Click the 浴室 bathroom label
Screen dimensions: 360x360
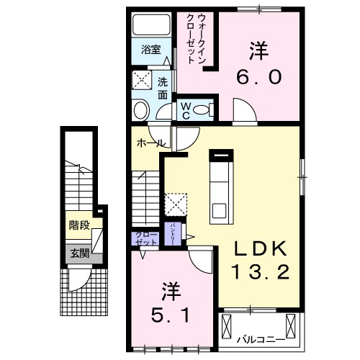150,50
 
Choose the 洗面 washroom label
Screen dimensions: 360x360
163,88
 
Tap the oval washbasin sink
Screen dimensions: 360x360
140,110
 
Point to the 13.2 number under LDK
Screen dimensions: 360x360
261,272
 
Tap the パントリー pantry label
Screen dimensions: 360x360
174,234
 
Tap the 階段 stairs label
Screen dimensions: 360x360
79,225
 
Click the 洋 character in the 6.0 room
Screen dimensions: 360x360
260,50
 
